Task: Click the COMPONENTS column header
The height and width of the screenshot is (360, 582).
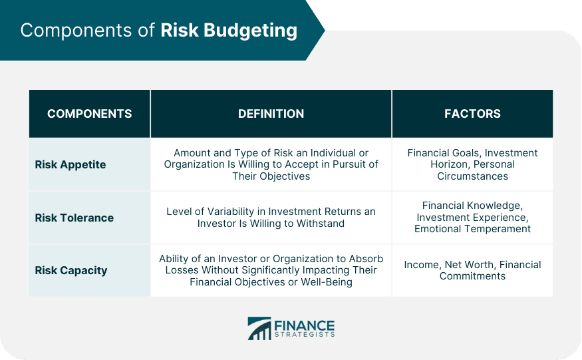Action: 89,113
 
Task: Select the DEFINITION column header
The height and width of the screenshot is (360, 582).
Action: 271,113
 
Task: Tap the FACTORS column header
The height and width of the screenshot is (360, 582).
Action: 472,113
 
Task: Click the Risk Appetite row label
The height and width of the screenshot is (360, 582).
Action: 70,164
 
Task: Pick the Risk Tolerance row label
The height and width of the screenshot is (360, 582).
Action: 74,218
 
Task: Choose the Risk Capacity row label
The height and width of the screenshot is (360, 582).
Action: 71,270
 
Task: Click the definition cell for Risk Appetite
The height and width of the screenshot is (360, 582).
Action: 271,164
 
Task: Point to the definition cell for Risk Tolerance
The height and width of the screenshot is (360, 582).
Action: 271,218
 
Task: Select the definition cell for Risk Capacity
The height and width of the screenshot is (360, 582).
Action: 271,270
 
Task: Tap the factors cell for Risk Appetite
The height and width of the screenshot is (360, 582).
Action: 472,164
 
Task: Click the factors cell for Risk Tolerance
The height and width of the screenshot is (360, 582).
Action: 472,218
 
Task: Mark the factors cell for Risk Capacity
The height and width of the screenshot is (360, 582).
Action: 472,270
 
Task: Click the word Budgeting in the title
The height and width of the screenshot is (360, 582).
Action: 251,31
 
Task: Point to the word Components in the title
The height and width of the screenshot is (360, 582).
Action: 76,30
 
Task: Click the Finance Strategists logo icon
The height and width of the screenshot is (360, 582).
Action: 259,329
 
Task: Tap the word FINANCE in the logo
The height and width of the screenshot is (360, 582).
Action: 305,326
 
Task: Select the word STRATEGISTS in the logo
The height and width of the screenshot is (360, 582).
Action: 305,335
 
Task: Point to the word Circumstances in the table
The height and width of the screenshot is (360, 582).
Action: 472,176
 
